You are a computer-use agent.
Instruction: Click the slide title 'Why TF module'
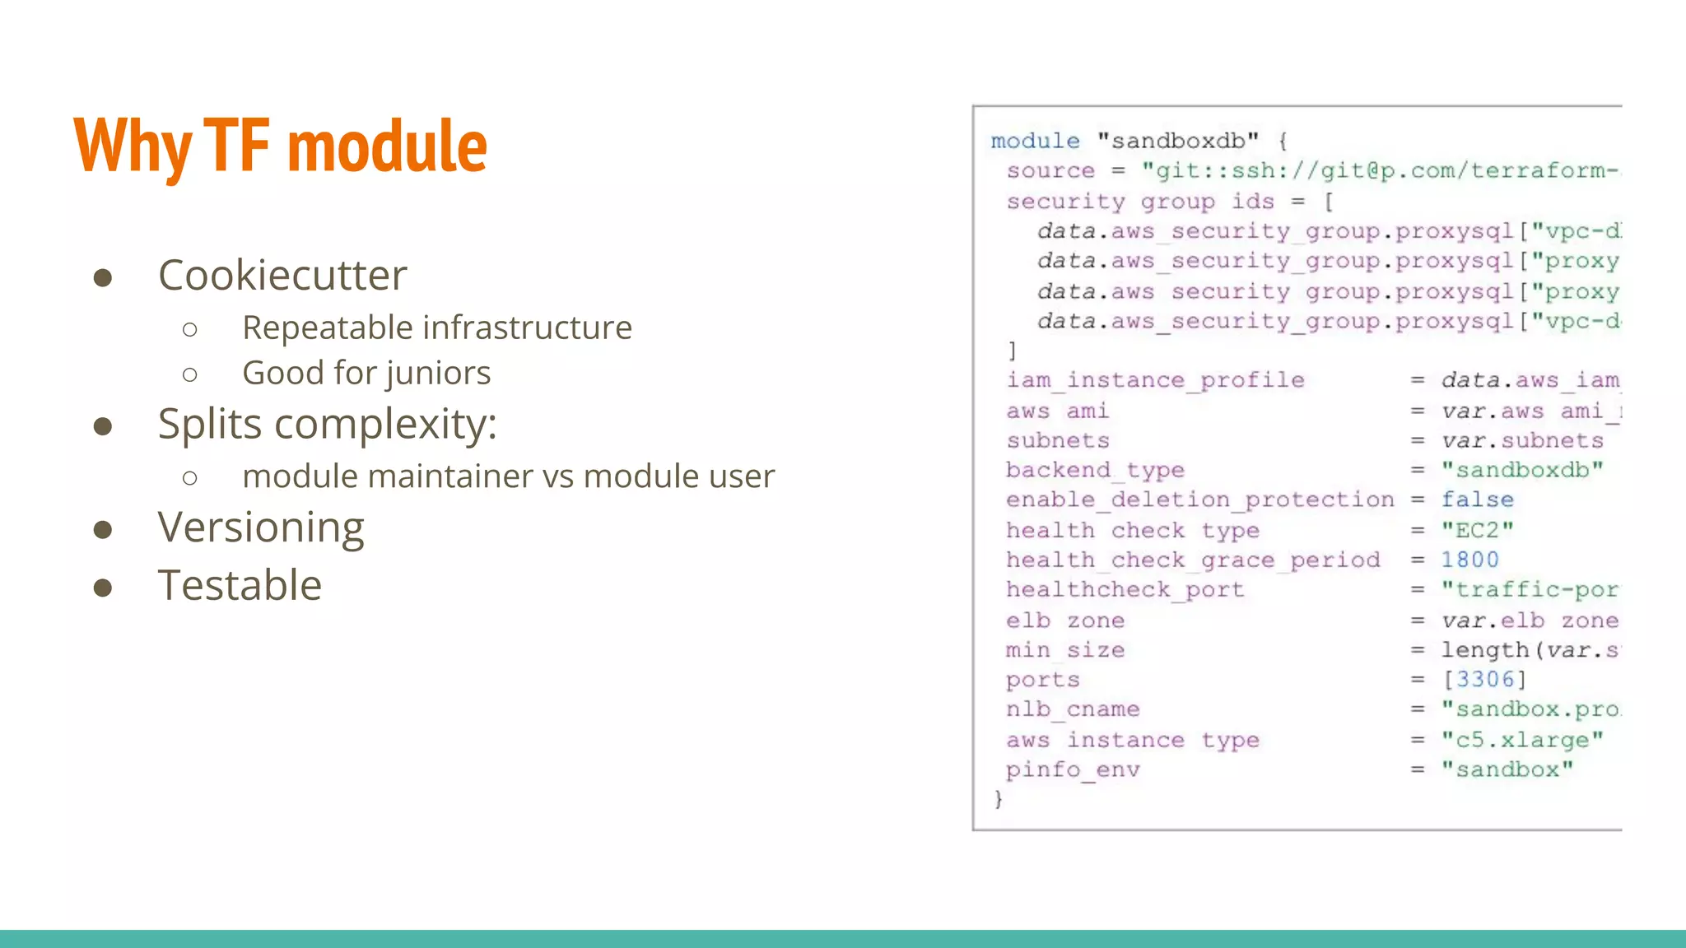[x=280, y=146]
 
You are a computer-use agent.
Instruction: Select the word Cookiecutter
[x=282, y=275]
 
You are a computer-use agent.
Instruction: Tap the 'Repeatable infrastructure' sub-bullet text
[x=436, y=328]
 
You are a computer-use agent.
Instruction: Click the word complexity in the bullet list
[x=385, y=425]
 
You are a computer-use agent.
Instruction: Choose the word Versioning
[x=261, y=527]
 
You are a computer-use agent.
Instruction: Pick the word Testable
[x=240, y=585]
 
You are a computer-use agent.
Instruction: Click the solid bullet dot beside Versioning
[x=103, y=529]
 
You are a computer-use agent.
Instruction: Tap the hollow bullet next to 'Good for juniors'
[x=190, y=375]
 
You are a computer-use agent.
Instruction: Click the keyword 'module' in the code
[x=1035, y=141]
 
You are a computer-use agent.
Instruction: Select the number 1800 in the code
[x=1469, y=560]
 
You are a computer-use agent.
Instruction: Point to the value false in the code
[x=1477, y=500]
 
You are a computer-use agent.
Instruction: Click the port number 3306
[x=1485, y=679]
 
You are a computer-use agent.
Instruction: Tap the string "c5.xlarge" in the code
[x=1521, y=740]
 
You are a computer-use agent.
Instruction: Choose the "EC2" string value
[x=1477, y=530]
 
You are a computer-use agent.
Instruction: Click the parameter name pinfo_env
[x=1073, y=770]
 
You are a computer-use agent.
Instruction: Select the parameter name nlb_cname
[x=1073, y=709]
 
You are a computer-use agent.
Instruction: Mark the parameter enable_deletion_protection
[x=1199, y=500]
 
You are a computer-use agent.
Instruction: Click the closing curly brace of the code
[x=999, y=799]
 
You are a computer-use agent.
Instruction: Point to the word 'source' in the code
[x=1050, y=171]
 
